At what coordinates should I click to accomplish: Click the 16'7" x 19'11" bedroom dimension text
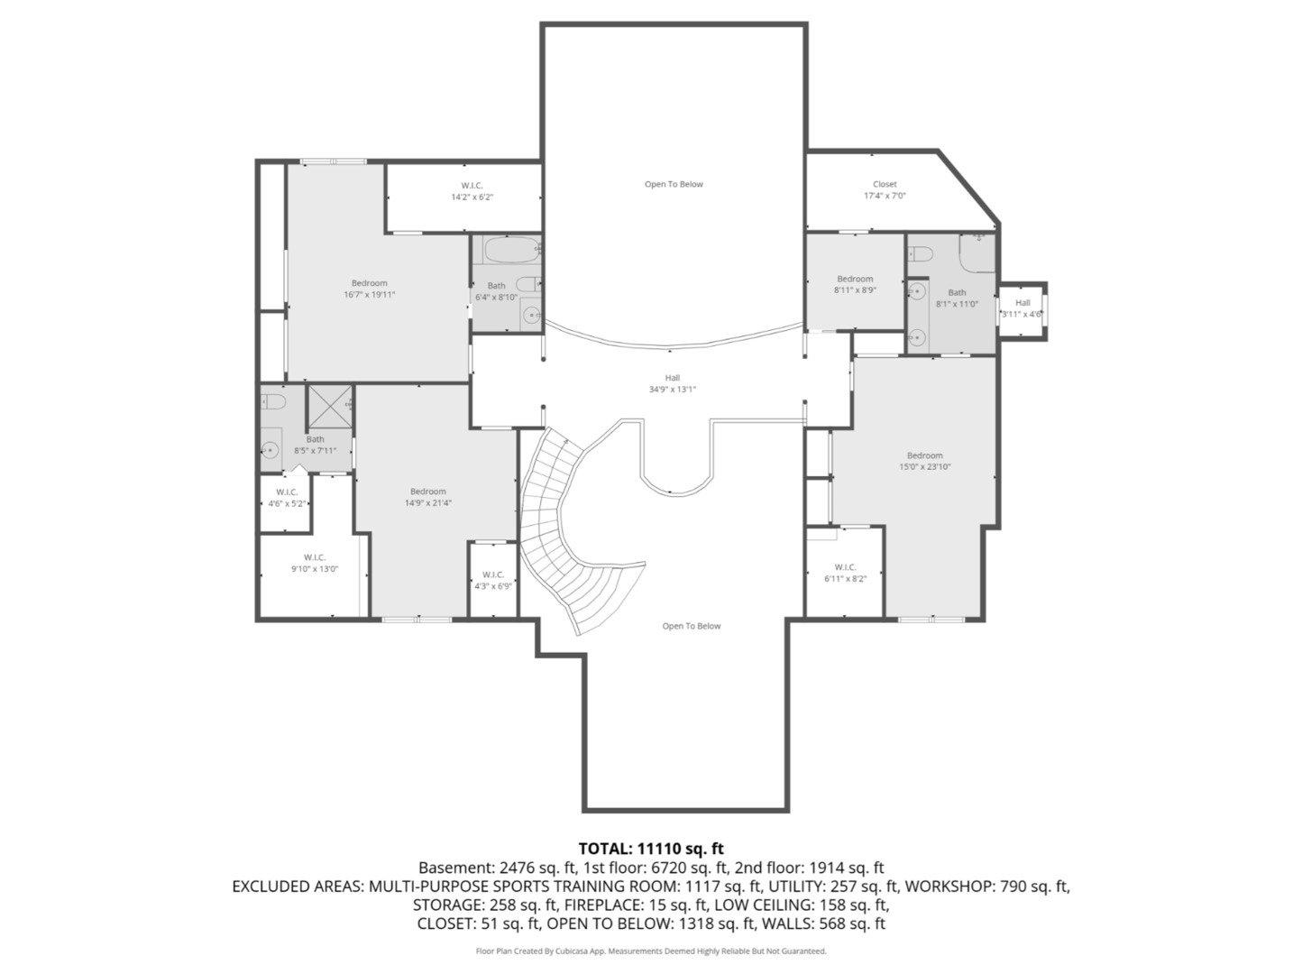point(370,295)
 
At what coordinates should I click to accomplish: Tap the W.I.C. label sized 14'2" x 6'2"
point(472,191)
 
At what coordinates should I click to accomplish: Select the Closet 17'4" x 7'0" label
point(885,189)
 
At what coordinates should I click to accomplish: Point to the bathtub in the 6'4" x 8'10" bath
point(512,250)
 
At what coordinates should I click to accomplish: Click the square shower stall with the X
point(330,407)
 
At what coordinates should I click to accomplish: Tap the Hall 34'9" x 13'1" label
point(672,384)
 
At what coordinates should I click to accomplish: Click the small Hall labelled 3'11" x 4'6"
point(1022,308)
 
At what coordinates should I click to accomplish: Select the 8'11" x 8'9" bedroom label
point(855,285)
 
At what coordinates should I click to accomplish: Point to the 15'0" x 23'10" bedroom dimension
point(925,467)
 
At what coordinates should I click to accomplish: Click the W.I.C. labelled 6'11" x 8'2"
point(845,573)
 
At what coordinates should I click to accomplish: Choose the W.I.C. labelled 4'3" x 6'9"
point(493,581)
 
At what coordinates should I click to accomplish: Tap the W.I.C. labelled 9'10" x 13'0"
point(315,563)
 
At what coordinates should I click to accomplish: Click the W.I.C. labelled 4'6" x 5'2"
point(287,498)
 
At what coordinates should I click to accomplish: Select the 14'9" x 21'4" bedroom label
point(427,497)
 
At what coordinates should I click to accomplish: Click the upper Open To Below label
point(674,185)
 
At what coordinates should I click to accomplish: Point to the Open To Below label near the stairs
point(692,626)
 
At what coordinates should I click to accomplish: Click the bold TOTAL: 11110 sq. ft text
point(651,849)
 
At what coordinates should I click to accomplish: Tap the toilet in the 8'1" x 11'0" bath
point(920,254)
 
